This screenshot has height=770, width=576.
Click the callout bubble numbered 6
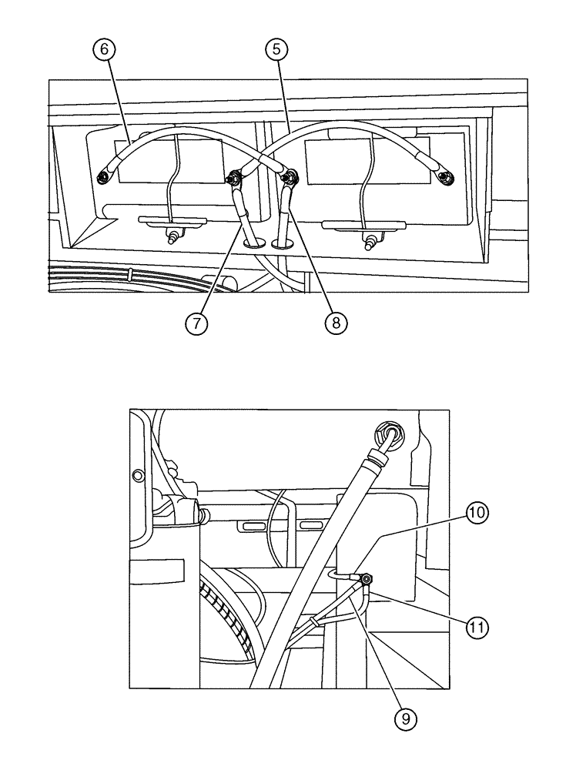click(x=105, y=49)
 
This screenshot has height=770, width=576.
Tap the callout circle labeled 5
click(x=277, y=49)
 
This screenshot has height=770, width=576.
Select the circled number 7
click(x=197, y=323)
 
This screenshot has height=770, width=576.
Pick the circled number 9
click(x=405, y=719)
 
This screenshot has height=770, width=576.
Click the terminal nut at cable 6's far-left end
click(x=102, y=179)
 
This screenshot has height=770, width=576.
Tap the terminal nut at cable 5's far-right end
click(x=444, y=179)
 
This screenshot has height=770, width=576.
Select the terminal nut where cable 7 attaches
click(x=232, y=180)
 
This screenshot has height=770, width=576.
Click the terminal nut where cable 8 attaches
click(x=290, y=179)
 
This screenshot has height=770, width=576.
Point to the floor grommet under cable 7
click(x=253, y=243)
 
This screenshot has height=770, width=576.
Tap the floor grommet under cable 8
click(x=283, y=243)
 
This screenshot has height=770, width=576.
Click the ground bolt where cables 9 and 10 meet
click(x=367, y=579)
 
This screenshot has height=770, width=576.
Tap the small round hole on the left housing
click(x=138, y=474)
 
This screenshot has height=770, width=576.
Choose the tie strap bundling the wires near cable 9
click(x=315, y=621)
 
